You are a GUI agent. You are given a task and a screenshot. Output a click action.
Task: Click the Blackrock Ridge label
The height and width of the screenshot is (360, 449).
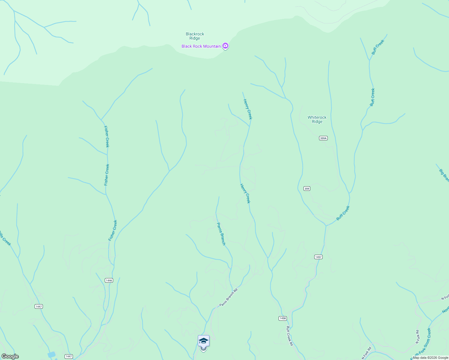click(195, 36)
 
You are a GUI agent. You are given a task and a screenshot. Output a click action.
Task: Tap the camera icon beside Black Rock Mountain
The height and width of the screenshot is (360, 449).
click(225, 46)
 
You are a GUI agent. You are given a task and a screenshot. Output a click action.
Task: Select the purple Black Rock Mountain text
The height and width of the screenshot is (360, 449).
click(201, 46)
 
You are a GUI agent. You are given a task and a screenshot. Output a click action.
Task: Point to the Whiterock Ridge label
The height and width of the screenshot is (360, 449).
click(317, 119)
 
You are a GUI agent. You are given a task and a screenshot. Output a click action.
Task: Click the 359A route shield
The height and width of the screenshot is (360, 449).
click(323, 138)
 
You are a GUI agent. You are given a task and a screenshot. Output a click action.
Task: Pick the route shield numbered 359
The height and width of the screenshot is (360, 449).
click(307, 188)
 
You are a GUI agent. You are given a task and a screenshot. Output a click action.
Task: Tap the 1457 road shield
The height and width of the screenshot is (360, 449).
click(318, 257)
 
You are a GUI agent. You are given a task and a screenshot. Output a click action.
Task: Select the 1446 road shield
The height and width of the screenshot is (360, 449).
click(109, 280)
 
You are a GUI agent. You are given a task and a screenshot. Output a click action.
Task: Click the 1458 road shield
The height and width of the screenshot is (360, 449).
click(283, 318)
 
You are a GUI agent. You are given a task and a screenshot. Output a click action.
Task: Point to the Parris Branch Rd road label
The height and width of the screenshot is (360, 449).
click(228, 297)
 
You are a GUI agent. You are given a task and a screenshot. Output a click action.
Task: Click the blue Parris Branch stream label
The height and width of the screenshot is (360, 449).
click(221, 234)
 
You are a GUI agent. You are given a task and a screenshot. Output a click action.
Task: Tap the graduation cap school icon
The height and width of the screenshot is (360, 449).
click(203, 341)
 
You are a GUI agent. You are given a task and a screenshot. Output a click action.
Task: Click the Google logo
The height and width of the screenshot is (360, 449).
click(10, 356)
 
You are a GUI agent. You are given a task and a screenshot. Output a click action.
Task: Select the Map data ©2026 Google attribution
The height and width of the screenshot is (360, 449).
click(430, 358)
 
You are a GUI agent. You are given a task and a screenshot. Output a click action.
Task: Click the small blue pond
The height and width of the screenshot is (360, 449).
click(52, 355)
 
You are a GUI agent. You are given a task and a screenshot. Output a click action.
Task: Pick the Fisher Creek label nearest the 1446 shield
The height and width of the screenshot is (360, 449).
click(113, 230)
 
